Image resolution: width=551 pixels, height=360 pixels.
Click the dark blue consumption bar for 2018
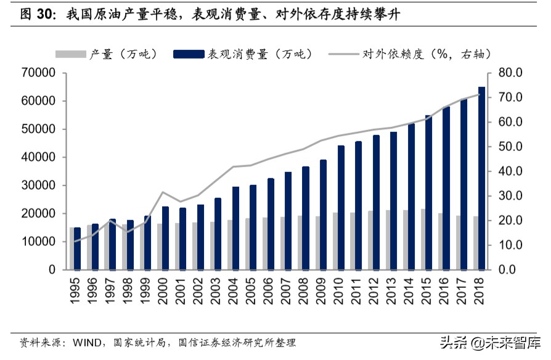[481, 178]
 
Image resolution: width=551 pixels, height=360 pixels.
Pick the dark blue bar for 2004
[235, 228]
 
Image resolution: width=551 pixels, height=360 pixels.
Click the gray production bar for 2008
[300, 243]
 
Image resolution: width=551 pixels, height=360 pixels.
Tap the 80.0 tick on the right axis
[510, 73]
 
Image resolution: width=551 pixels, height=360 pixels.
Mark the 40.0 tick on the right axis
[510, 171]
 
